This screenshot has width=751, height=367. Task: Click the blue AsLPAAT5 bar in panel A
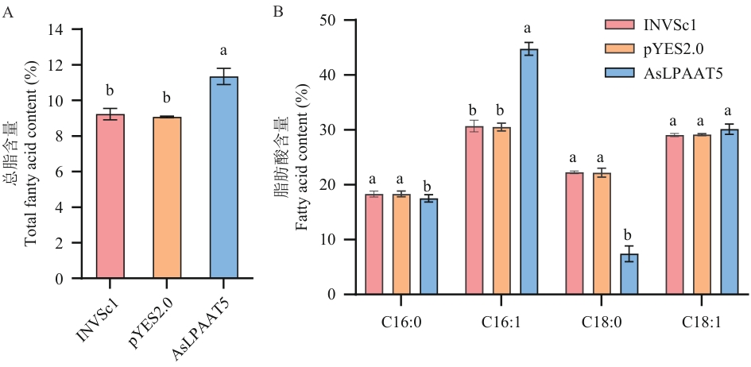point(223,177)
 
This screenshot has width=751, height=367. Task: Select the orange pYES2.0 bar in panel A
point(167,197)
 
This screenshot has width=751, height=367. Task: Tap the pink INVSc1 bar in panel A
point(110,196)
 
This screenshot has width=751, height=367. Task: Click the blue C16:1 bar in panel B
point(529,172)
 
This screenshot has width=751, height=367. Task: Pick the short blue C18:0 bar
point(629,274)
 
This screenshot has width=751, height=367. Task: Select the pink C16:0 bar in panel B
point(374,245)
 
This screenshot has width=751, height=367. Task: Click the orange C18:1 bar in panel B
point(702,214)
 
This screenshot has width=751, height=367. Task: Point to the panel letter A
point(7,13)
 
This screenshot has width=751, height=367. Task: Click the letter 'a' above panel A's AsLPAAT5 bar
point(223,51)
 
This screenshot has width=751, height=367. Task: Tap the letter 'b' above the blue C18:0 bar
point(629,235)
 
